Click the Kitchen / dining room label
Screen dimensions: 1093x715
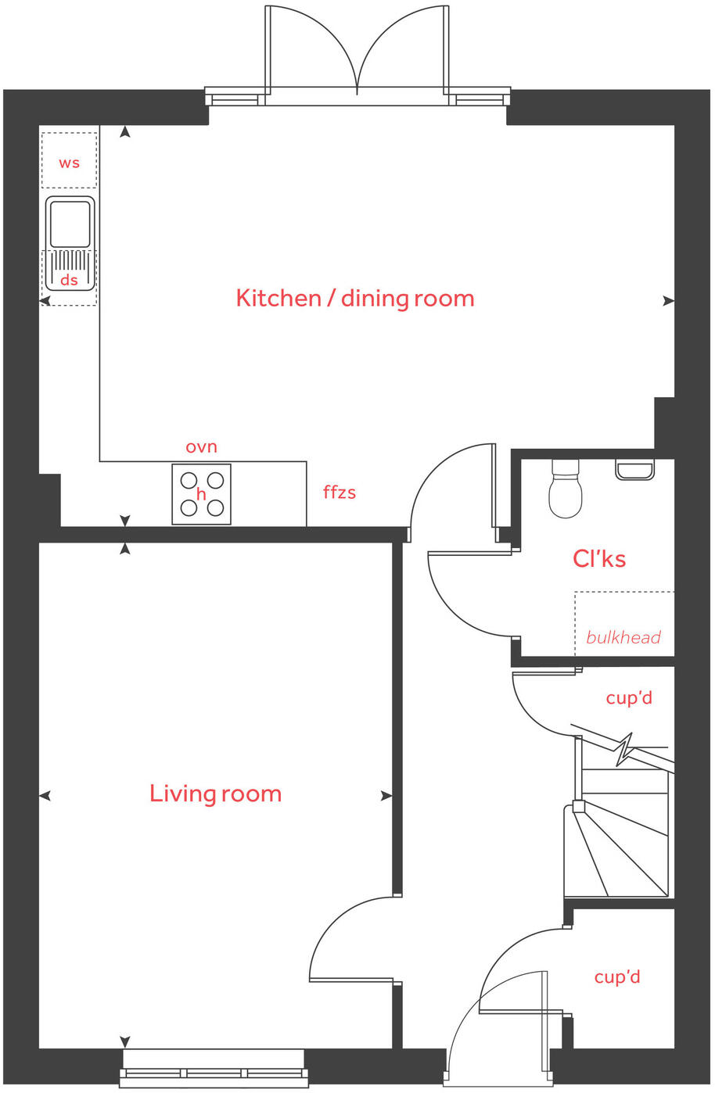coord(355,299)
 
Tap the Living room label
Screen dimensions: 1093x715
coord(215,794)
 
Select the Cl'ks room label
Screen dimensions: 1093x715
coord(599,559)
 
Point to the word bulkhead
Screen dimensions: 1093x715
coord(623,637)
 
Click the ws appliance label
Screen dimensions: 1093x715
coord(70,163)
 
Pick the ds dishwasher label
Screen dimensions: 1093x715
coord(70,280)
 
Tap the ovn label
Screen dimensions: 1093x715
coord(201,447)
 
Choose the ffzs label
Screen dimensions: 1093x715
coord(340,493)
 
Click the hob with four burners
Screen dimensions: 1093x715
coord(202,494)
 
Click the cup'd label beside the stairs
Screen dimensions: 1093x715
coord(629,697)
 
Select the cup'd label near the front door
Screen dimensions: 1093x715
coord(617,977)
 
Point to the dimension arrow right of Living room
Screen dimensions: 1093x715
coord(386,796)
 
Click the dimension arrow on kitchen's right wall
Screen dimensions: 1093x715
coord(668,300)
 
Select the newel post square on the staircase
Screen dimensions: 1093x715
coord(578,806)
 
